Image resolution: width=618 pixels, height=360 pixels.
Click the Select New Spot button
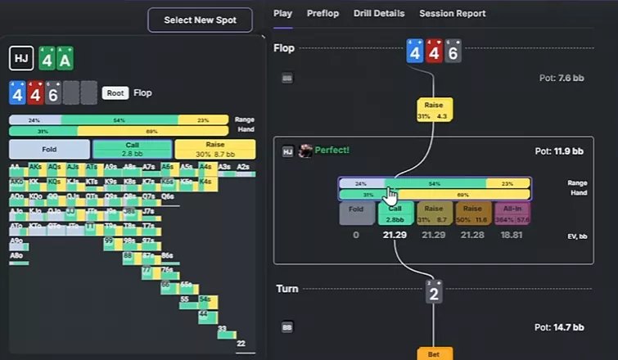pyautogui.click(x=200, y=20)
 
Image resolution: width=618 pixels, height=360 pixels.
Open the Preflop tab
pyautogui.click(x=323, y=13)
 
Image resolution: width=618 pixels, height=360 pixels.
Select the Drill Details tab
pyautogui.click(x=379, y=13)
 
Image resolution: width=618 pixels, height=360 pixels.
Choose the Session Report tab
pyautogui.click(x=452, y=13)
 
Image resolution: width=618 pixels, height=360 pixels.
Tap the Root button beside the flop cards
pyautogui.click(x=115, y=93)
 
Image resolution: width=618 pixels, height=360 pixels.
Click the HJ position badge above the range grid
pyautogui.click(x=21, y=59)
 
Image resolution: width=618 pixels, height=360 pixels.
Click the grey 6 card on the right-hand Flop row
pyautogui.click(x=453, y=52)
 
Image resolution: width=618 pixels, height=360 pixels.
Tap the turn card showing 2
pyautogui.click(x=434, y=291)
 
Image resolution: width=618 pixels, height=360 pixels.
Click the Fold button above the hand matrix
pyautogui.click(x=49, y=149)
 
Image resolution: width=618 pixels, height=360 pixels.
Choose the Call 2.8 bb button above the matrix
pyautogui.click(x=132, y=149)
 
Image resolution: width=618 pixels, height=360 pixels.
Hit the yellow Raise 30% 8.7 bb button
pyautogui.click(x=215, y=149)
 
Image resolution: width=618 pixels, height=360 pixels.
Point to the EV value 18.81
pyautogui.click(x=512, y=236)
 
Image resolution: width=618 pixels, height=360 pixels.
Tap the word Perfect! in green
pyautogui.click(x=332, y=151)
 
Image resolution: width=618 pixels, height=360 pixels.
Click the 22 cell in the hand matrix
pyautogui.click(x=241, y=344)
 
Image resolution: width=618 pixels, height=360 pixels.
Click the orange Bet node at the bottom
pyautogui.click(x=434, y=354)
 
